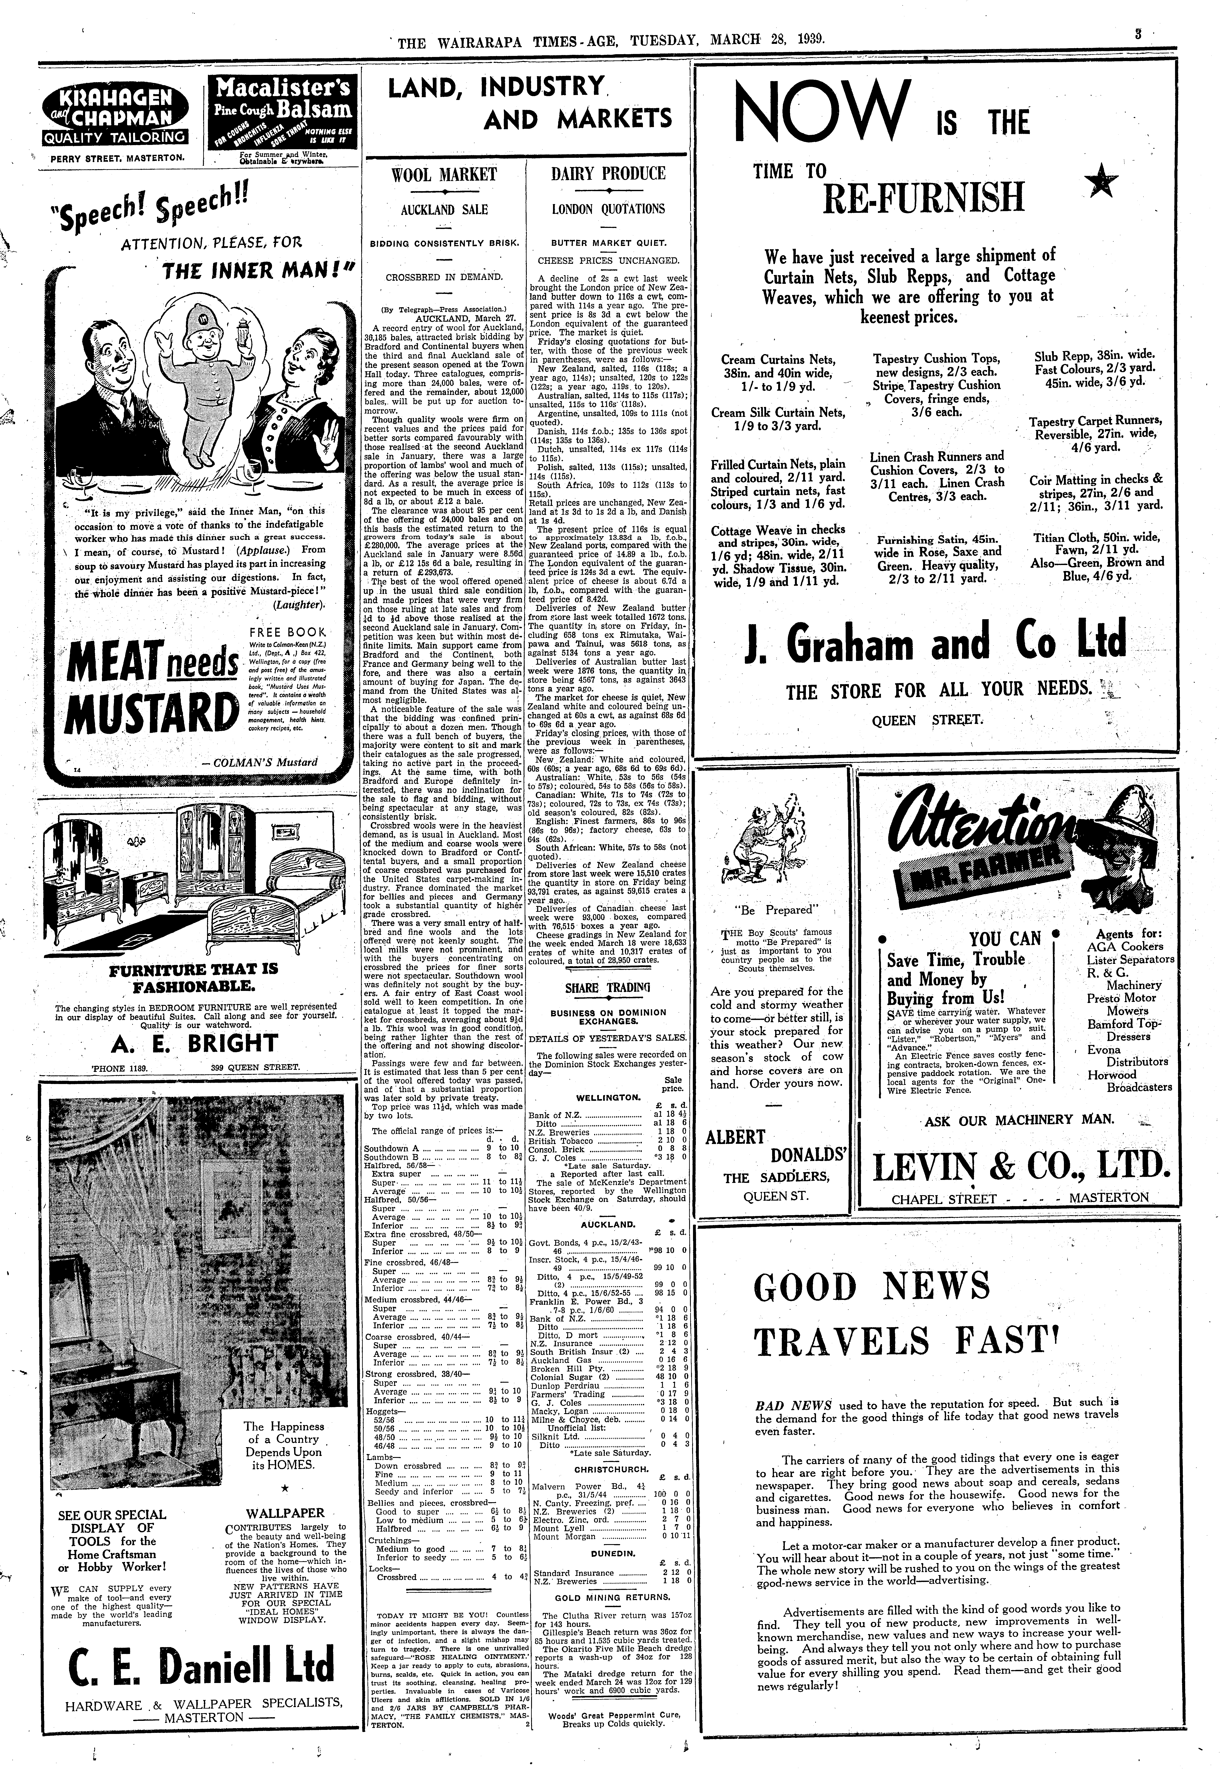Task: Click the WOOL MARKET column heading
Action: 444,174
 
